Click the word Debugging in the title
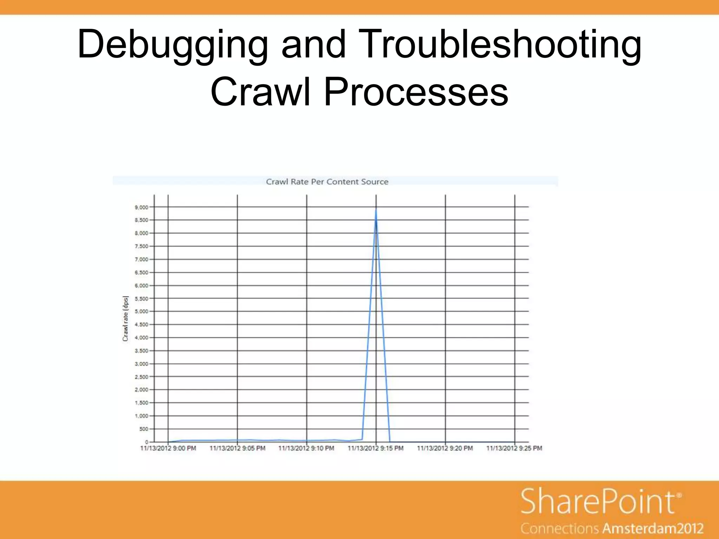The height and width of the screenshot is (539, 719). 172,45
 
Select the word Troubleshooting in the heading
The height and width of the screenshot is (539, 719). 500,45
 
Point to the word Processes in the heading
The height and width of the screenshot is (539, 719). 416,92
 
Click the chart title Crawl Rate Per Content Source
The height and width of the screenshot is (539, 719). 327,182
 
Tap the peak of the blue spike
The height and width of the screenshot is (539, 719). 376,210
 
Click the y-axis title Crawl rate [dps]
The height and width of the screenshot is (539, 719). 125,319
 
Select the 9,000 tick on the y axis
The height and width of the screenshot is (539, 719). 141,207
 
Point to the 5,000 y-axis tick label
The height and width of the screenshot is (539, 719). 141,312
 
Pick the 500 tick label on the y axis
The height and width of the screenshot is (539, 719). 144,429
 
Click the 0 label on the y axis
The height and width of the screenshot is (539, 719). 147,442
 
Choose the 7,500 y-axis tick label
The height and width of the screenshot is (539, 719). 141,246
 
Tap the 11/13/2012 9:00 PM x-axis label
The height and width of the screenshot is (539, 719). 168,448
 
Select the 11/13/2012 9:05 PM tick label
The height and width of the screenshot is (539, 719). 237,448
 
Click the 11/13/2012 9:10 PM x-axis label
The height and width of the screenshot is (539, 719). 306,448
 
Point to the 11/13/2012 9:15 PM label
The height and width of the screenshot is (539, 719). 376,448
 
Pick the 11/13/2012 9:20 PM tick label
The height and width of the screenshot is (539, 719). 445,448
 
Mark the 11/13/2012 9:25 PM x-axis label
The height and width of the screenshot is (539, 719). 514,448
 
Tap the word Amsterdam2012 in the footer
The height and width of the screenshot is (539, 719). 653,528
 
